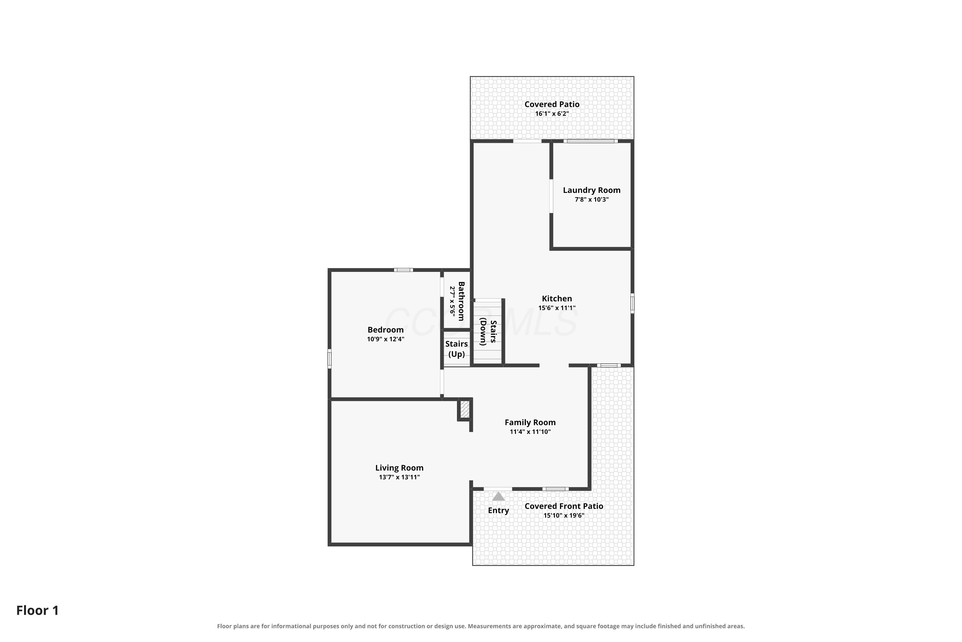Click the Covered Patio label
click(552, 104)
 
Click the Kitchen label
click(557, 299)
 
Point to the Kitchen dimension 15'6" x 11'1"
click(557, 308)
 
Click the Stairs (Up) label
click(456, 349)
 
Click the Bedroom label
click(385, 330)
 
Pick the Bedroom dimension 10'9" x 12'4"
click(385, 339)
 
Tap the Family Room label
click(530, 422)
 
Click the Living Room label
click(399, 468)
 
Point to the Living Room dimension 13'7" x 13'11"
click(399, 477)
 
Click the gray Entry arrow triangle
click(498, 497)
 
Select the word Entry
click(498, 511)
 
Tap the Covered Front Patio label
click(564, 507)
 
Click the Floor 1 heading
click(38, 611)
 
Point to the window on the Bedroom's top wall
click(403, 270)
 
